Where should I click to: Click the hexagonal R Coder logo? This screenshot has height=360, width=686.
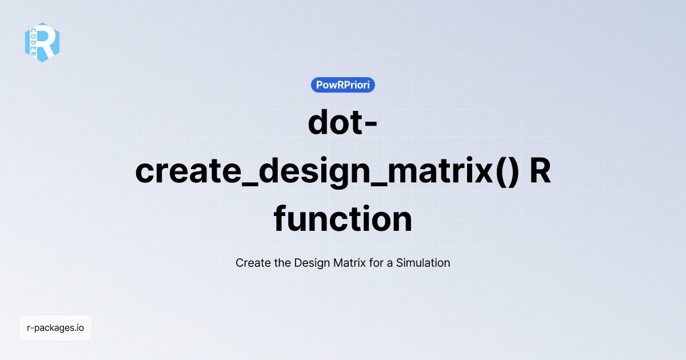click(42, 42)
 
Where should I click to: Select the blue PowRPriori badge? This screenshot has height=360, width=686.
click(343, 85)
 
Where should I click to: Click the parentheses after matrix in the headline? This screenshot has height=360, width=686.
click(505, 171)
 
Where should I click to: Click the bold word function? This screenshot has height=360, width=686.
click(343, 219)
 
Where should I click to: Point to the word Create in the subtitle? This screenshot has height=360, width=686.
click(252, 263)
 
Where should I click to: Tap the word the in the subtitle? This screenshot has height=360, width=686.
click(282, 263)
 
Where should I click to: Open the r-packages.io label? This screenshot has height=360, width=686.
click(55, 328)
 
